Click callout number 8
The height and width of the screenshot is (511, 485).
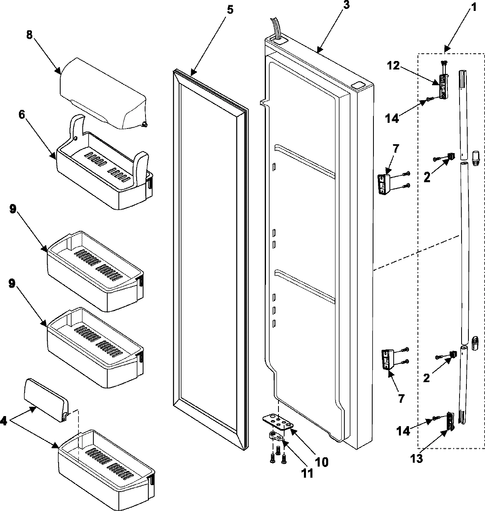[x=29, y=35]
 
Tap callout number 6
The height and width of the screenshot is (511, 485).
[x=21, y=114]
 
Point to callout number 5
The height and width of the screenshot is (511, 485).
[x=229, y=10]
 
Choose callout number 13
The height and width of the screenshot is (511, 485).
[x=417, y=459]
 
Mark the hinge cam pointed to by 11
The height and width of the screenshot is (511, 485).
[x=275, y=435]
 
